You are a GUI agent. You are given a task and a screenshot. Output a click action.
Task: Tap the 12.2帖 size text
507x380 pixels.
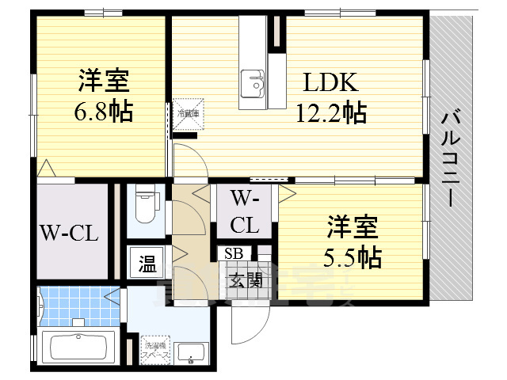[x=331, y=113]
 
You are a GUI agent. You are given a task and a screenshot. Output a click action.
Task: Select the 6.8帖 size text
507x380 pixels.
[x=104, y=112]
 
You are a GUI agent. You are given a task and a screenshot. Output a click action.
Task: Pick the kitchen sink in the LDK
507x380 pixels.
[x=254, y=80]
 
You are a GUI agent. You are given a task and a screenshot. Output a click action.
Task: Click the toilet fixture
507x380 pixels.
[x=146, y=204]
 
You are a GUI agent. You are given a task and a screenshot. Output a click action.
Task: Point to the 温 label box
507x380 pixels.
[x=147, y=262]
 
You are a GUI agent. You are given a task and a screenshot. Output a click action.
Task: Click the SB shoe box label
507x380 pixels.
[x=234, y=253]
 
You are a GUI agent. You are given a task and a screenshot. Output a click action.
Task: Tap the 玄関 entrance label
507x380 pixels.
[x=246, y=279]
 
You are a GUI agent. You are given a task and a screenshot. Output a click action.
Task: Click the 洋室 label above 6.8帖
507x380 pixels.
[x=104, y=81]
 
